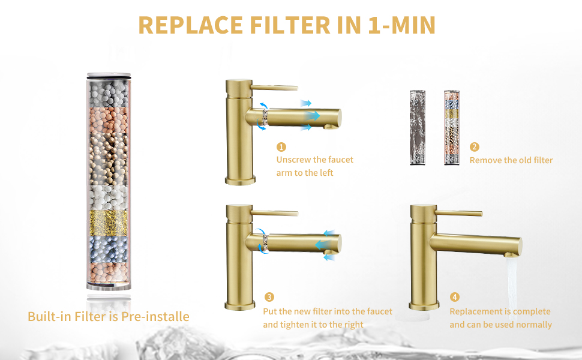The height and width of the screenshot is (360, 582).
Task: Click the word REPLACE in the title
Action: [x=190, y=25]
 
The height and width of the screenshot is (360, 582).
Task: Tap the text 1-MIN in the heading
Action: [x=401, y=25]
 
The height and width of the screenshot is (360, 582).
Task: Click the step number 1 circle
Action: [x=281, y=147]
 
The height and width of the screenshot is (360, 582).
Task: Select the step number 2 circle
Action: [x=475, y=147]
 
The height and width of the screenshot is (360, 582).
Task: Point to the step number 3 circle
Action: [x=269, y=297]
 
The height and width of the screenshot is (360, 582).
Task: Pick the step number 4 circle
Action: [x=455, y=297]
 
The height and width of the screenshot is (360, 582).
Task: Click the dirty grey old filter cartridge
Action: [x=418, y=128]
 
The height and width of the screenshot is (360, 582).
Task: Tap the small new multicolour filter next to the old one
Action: [x=452, y=128]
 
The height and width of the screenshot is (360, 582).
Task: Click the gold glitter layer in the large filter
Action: [x=109, y=223]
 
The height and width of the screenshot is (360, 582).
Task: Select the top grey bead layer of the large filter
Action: [x=109, y=94]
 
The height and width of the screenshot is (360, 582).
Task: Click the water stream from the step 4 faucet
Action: [x=512, y=286]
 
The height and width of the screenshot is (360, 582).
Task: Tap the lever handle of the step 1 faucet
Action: [x=274, y=88]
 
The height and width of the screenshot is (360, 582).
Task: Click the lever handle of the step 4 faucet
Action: [x=459, y=213]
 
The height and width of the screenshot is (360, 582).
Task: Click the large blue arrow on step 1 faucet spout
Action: [x=313, y=115]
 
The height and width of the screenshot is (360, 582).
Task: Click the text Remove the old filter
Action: [x=511, y=160]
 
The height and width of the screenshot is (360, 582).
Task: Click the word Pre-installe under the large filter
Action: [x=155, y=317]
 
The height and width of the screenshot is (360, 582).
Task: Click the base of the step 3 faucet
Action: [x=240, y=305]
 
